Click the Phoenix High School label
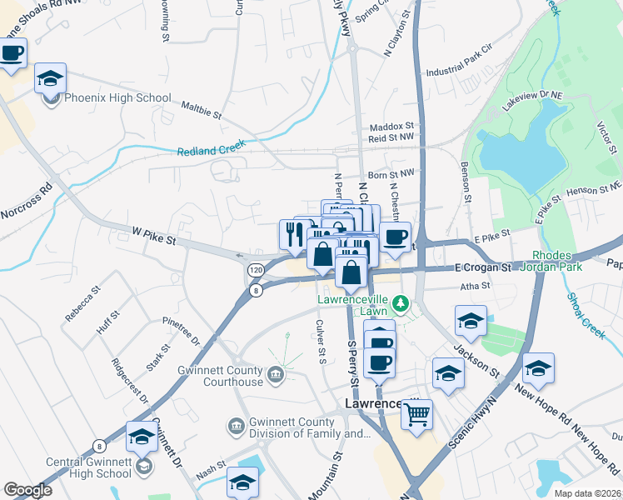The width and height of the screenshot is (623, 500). (118, 98)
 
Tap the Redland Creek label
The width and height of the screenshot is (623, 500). (213, 151)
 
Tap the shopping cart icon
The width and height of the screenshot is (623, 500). (416, 412)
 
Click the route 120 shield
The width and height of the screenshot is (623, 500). (255, 271)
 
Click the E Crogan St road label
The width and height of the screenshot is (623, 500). (483, 267)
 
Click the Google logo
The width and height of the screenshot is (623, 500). (27, 490)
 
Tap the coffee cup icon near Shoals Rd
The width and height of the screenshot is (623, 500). (12, 53)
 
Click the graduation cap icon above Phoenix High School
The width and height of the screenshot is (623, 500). (50, 78)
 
